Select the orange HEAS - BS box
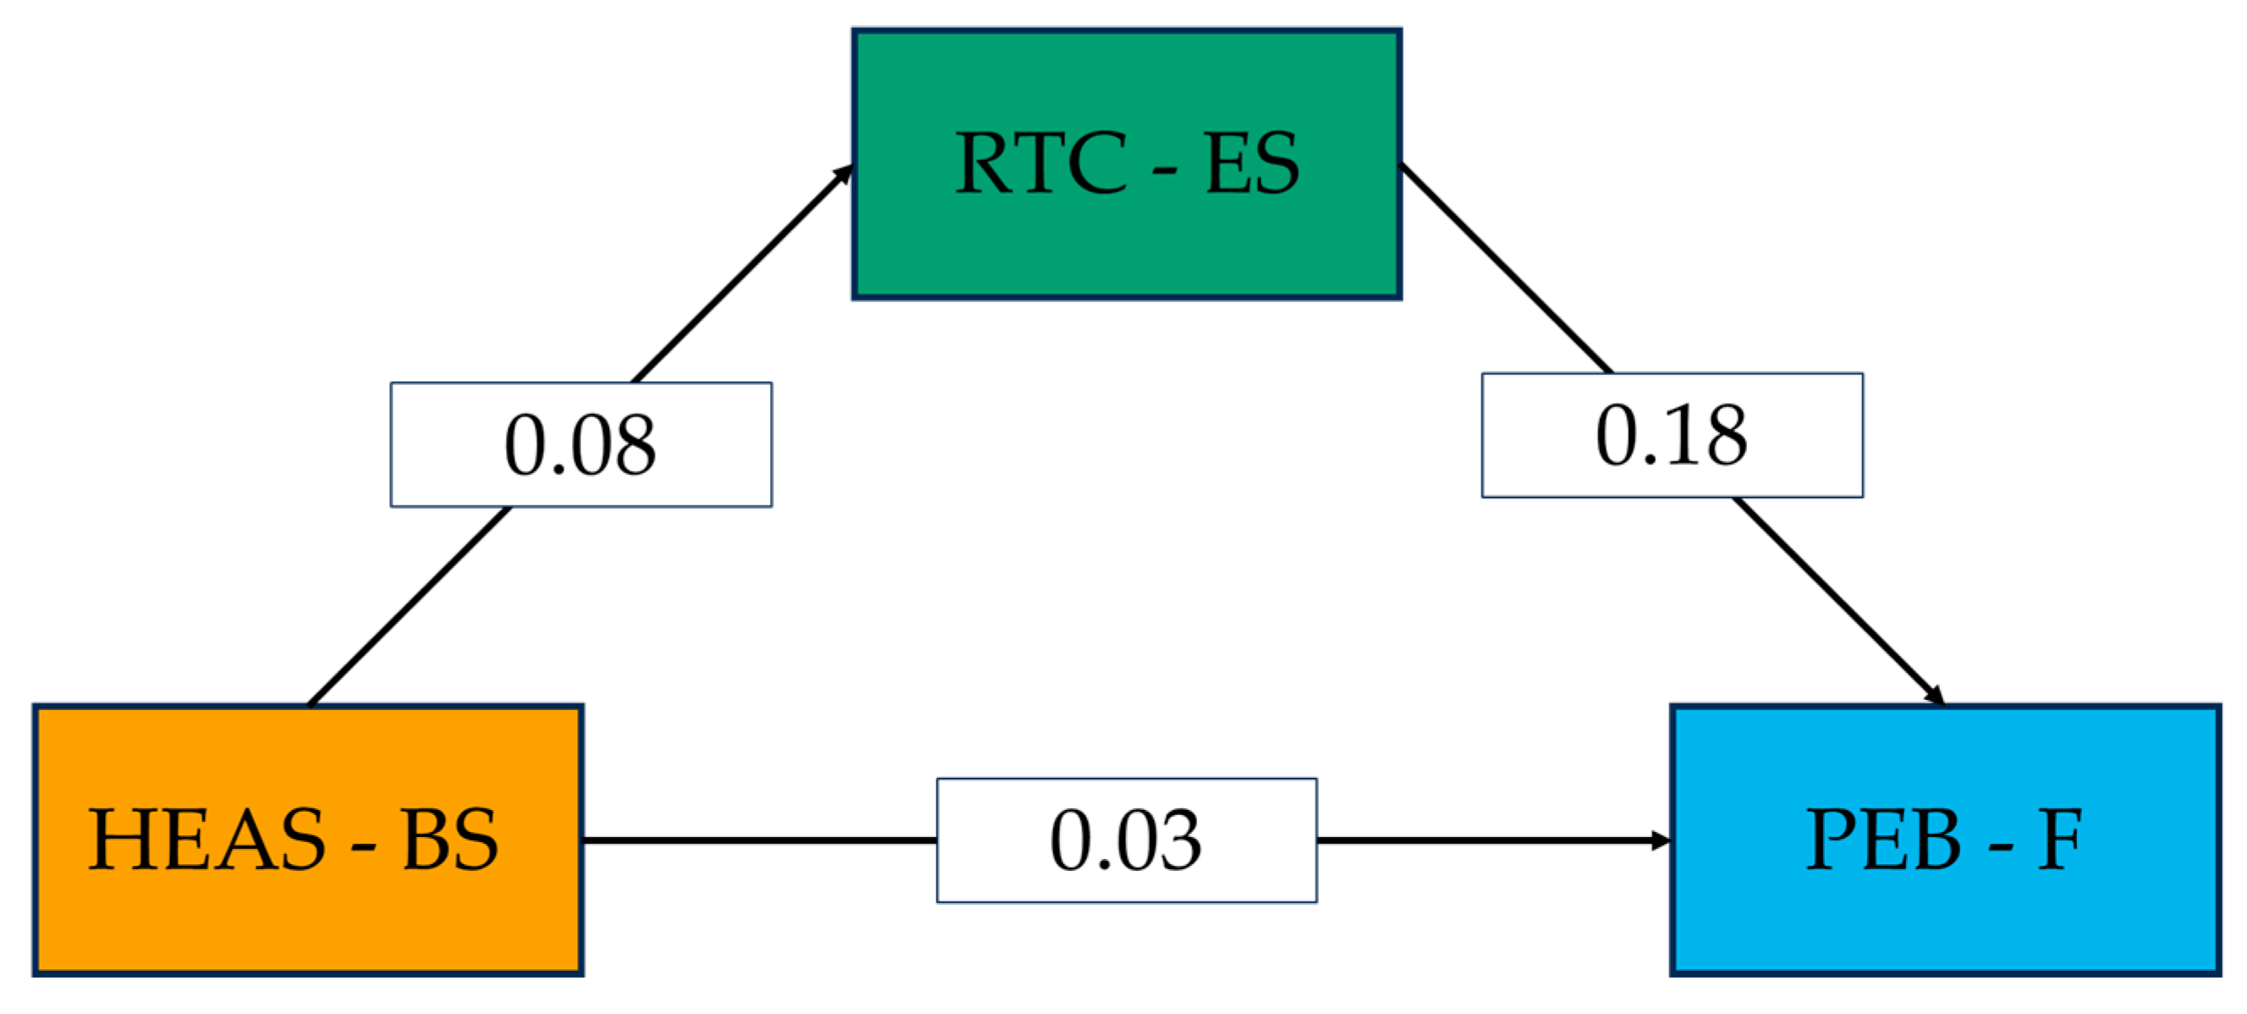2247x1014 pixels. click(307, 917)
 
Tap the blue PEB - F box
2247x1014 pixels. click(1944, 917)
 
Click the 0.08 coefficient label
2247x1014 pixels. click(581, 444)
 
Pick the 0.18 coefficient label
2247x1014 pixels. click(1672, 435)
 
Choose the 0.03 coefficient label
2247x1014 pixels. click(1126, 840)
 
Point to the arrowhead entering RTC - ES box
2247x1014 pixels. click(843, 174)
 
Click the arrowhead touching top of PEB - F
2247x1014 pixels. click(1935, 696)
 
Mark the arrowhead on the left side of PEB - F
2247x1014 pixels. click(1660, 840)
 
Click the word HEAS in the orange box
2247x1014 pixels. click(206, 840)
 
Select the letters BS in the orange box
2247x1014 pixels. click(450, 840)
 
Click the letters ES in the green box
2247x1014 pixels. click(1252, 163)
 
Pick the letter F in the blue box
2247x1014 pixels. click(2060, 840)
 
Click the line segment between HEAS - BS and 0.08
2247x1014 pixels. click(410, 606)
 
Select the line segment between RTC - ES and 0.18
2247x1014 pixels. click(1505, 268)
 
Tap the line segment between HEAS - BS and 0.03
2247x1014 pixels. click(759, 840)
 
